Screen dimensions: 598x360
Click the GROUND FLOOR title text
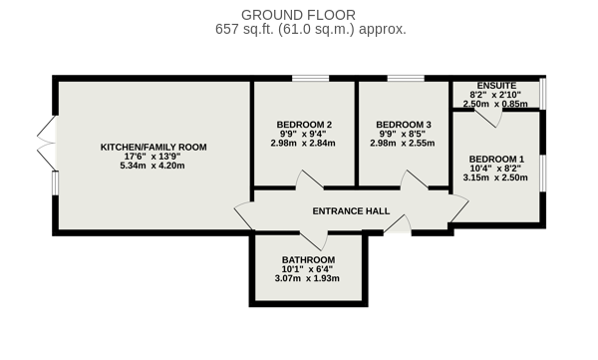(298, 15)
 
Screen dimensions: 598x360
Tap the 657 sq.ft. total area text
(311, 29)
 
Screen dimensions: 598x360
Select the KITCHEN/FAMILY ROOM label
(153, 147)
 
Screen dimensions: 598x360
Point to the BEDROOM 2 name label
(304, 125)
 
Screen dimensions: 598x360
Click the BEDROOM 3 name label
(404, 125)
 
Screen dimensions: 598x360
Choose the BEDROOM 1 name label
(496, 159)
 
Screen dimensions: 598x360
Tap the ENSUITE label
(496, 86)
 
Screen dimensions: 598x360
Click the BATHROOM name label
(309, 260)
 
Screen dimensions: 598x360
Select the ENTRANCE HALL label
(351, 211)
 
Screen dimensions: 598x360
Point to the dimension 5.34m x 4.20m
(152, 166)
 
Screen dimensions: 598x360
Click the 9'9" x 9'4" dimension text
(303, 134)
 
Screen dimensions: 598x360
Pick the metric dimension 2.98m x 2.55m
(403, 144)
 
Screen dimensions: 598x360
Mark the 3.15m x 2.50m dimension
(495, 178)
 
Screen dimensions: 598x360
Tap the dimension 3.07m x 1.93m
(307, 278)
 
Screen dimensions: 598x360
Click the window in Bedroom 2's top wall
(310, 79)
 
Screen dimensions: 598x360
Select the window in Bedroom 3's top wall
(406, 79)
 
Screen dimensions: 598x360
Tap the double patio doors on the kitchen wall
(47, 143)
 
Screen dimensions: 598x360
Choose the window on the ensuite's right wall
(543, 93)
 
